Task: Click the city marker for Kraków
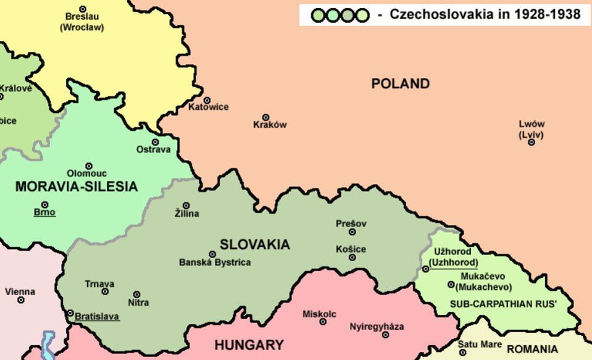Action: (266, 117)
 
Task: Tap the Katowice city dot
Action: (207, 100)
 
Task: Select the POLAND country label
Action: (400, 84)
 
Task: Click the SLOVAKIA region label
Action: (254, 245)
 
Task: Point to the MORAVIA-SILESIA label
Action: (77, 186)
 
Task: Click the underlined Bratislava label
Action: (97, 317)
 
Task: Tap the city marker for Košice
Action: (352, 257)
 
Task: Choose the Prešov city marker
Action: (352, 232)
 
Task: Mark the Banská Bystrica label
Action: (215, 262)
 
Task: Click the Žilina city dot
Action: (186, 206)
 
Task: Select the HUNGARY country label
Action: (249, 345)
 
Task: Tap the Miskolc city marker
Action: (322, 322)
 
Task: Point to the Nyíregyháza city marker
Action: (385, 335)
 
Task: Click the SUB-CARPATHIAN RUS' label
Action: (503, 304)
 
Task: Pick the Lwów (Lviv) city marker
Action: (532, 142)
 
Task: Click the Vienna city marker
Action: (21, 300)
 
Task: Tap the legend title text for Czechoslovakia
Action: (485, 15)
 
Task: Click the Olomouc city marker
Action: (89, 166)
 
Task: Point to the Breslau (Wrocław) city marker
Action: (83, 9)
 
